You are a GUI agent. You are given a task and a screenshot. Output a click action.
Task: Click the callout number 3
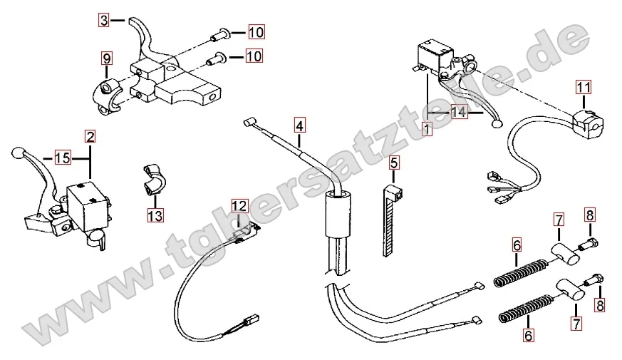pyautogui.click(x=104, y=21)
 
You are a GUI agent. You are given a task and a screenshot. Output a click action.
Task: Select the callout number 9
pyautogui.click(x=106, y=58)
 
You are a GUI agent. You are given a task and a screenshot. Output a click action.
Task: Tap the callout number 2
pyautogui.click(x=90, y=135)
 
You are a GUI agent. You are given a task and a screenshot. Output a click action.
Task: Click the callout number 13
pyautogui.click(x=155, y=213)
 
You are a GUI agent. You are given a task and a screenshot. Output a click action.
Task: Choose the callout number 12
pyautogui.click(x=239, y=206)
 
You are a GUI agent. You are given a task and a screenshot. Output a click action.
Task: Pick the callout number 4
pyautogui.click(x=300, y=126)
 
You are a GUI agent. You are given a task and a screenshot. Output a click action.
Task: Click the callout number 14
pyautogui.click(x=459, y=113)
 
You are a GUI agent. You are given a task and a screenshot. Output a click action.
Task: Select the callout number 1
pyautogui.click(x=427, y=129)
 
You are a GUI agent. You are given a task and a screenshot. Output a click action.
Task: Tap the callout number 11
pyautogui.click(x=584, y=88)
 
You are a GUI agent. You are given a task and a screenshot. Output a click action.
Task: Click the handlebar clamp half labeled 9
pyautogui.click(x=107, y=93)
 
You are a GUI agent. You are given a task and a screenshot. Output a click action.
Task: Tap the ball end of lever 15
pyautogui.click(x=18, y=152)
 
